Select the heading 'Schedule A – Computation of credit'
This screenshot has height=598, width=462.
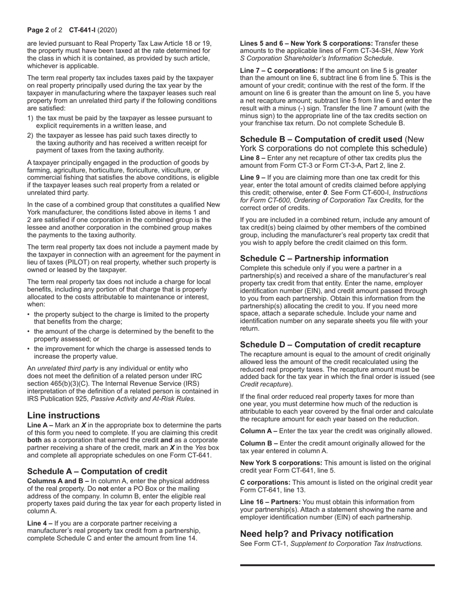[x=97, y=471]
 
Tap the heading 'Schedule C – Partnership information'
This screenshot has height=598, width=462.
[x=314, y=258]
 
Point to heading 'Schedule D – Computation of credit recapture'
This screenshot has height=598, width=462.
[x=330, y=345]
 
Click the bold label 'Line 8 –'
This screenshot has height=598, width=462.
[x=253, y=158]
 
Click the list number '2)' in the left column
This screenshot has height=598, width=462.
[x=31, y=136]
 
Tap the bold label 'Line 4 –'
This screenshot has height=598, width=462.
[x=40, y=523]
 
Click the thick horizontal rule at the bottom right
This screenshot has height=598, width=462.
[x=337, y=565]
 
